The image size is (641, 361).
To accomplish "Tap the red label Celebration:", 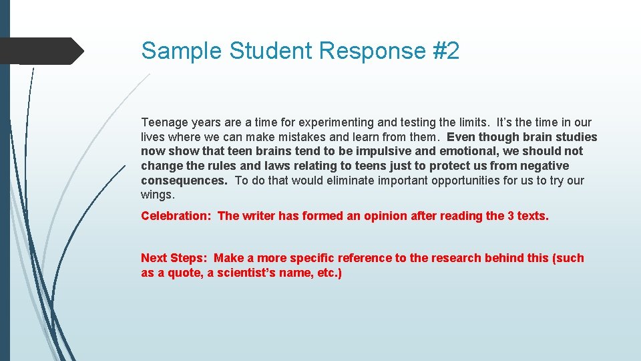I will pyautogui.click(x=176, y=215).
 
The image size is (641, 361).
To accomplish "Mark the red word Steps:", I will pyautogui.click(x=190, y=258).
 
